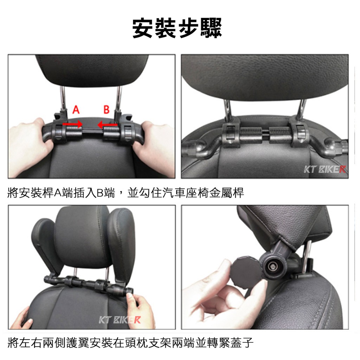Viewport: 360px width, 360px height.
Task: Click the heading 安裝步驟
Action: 177,28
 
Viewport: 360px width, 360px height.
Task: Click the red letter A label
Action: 76,110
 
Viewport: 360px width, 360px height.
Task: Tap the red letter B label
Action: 106,110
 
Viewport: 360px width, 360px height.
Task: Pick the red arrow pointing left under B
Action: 108,125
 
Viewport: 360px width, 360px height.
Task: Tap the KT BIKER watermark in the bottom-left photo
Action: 120,320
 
